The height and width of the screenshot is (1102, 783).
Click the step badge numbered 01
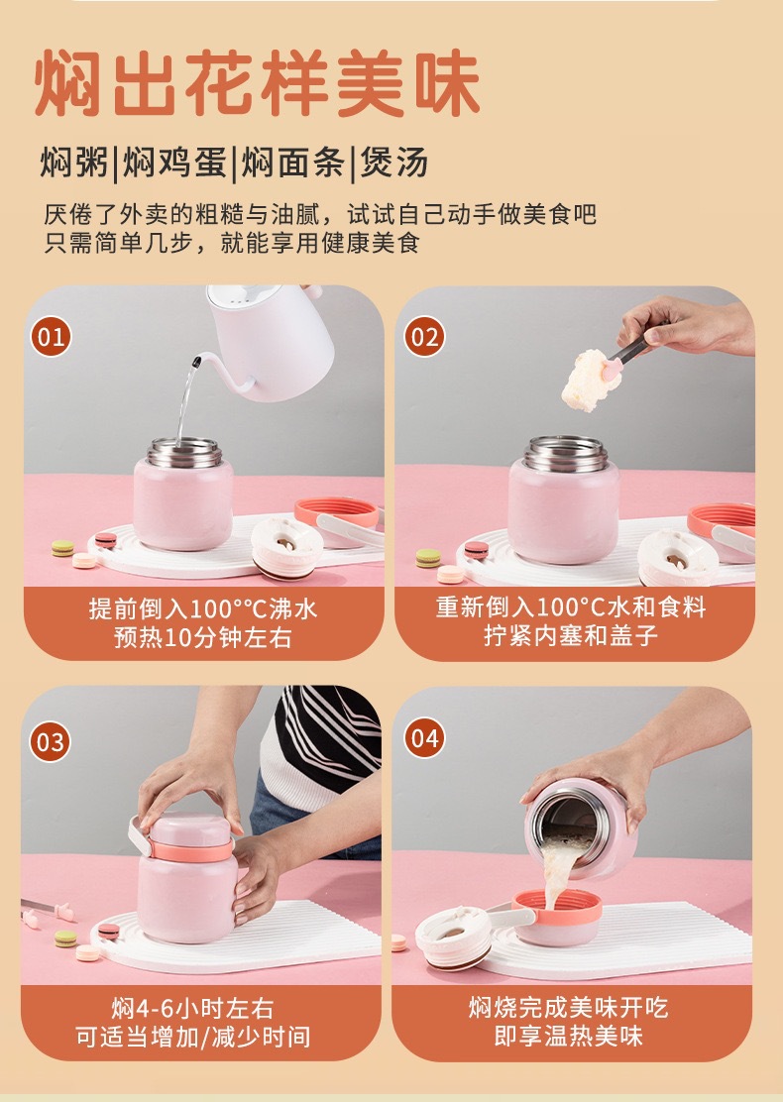tap(51, 336)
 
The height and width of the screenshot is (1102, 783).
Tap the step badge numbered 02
tap(424, 336)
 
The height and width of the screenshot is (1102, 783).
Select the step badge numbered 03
tap(50, 742)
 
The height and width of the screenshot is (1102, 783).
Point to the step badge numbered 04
tap(424, 738)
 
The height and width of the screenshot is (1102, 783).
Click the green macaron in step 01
tap(62, 548)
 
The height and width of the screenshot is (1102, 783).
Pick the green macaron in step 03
tap(65, 938)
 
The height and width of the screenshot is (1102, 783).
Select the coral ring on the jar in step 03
tap(189, 851)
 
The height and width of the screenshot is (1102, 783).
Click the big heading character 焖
tap(68, 82)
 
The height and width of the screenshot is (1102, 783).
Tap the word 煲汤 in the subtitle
tap(394, 164)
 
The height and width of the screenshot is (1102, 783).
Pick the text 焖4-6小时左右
tap(192, 1009)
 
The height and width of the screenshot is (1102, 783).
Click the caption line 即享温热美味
tap(568, 1036)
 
